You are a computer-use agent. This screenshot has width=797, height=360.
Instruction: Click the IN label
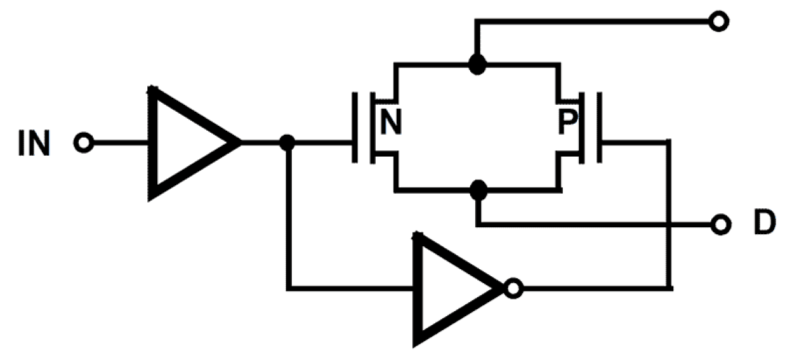click(x=33, y=143)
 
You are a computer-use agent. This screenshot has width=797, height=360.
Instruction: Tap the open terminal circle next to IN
click(x=83, y=143)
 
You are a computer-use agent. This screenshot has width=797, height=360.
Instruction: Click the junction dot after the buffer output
click(x=287, y=143)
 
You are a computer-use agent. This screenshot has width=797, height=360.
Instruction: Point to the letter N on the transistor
click(x=392, y=123)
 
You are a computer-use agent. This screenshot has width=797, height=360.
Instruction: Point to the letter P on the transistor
click(x=566, y=123)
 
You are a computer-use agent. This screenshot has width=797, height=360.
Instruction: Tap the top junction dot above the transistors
click(x=477, y=63)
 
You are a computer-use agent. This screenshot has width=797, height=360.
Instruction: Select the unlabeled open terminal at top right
click(x=719, y=22)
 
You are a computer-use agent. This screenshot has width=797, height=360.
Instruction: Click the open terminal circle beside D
click(x=719, y=224)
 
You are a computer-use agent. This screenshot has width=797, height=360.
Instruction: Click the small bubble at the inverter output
click(x=513, y=290)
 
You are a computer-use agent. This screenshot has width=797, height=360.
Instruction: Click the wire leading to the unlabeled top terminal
click(x=596, y=22)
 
